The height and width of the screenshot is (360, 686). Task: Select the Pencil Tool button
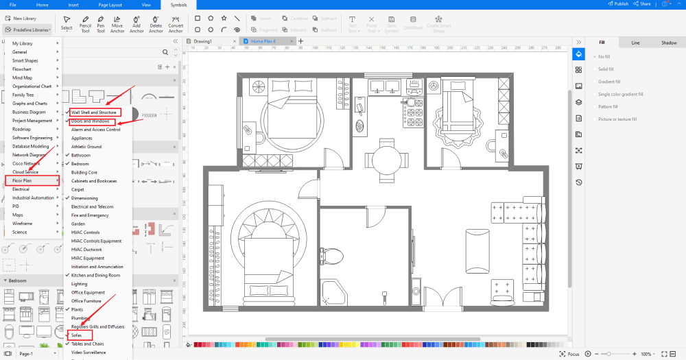coord(85,24)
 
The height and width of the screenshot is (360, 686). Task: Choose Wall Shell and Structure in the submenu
coord(95,112)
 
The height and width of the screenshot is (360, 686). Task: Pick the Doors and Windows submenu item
coord(91,121)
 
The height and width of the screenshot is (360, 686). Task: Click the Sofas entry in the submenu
coord(77,335)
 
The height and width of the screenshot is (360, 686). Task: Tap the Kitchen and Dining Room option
coord(95,275)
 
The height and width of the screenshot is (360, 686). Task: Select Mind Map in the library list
coord(22,77)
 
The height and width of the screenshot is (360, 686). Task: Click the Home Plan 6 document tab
coord(264,41)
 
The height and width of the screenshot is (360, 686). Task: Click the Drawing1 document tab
coord(203,41)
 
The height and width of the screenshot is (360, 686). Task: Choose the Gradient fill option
coord(609,82)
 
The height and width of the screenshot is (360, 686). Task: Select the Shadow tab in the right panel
coord(668,43)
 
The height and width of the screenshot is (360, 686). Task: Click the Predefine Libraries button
coord(28,29)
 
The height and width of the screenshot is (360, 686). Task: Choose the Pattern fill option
coord(608,106)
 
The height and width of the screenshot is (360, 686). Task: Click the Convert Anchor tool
coord(176,24)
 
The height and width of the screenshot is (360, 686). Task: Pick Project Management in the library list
coord(32,121)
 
